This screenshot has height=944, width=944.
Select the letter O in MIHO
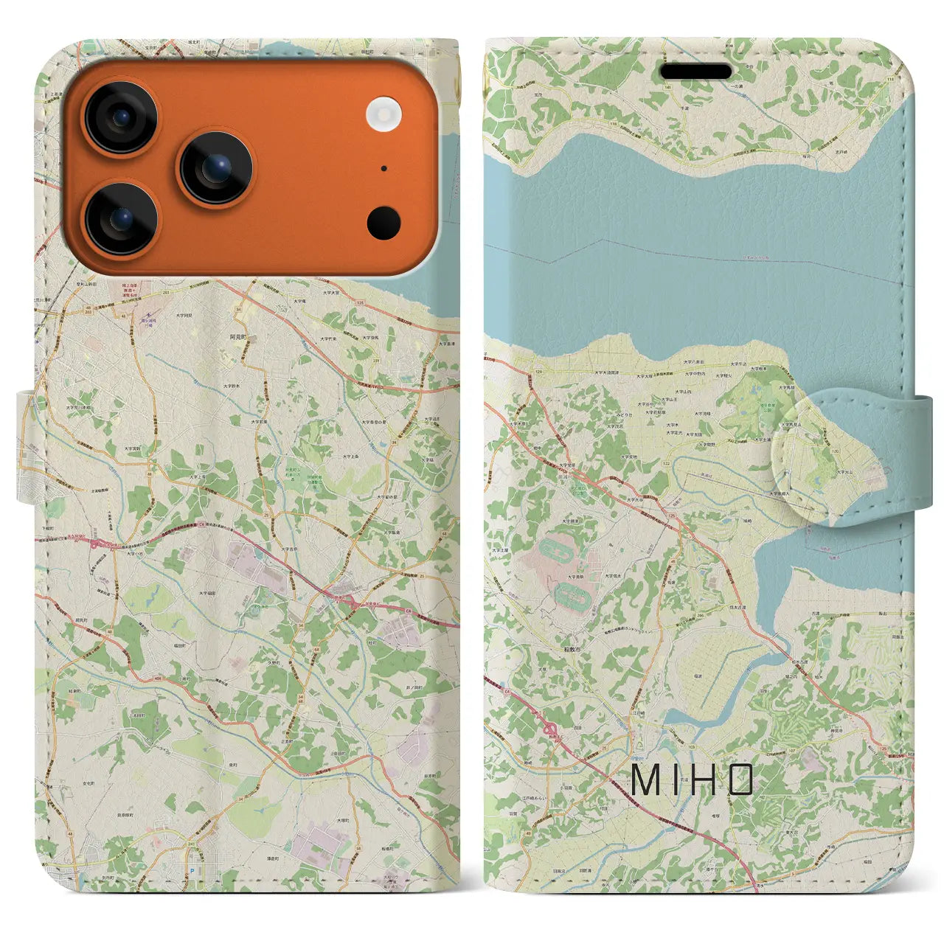740,780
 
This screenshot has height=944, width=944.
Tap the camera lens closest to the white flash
216,169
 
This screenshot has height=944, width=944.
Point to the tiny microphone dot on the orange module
383,168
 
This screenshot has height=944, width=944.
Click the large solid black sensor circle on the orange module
383,222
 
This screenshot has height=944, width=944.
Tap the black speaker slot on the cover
695,72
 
